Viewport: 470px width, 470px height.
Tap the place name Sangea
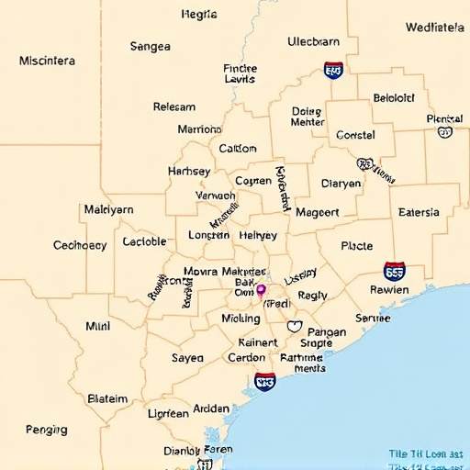coord(150,46)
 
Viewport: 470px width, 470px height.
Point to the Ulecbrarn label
coord(313,41)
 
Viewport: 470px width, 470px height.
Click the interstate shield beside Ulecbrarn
coord(333,70)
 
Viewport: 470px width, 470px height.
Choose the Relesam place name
coord(173,106)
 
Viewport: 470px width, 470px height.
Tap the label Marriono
coord(199,129)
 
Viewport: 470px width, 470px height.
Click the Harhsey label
coord(189,171)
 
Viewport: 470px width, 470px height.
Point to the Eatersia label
coord(419,212)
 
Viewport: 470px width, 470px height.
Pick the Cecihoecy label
coord(80,245)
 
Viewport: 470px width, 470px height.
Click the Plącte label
coord(356,246)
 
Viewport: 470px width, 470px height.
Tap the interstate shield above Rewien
coord(395,271)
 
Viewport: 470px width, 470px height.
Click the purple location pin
coord(261,291)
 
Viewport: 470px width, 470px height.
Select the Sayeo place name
coord(187,358)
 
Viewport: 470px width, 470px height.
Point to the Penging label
coord(46,429)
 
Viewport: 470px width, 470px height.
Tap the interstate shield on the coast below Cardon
coord(265,381)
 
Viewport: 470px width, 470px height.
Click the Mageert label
coord(318,212)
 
